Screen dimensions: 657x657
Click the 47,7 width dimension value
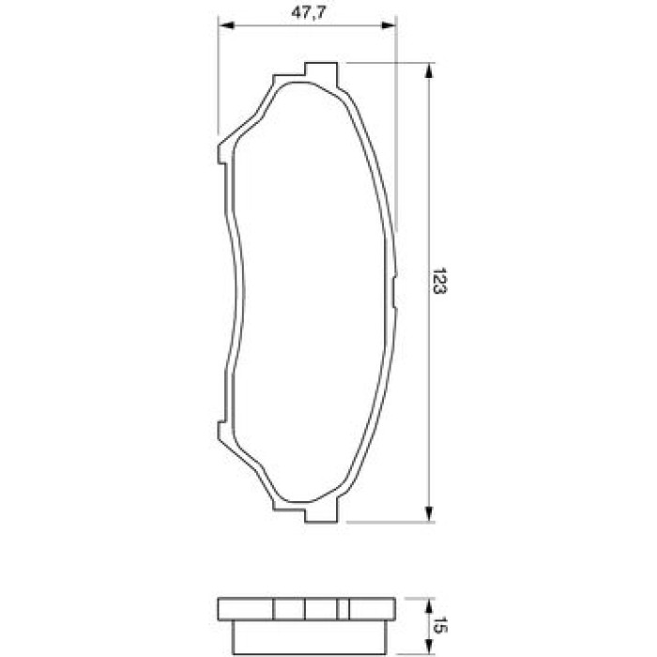pos(309,13)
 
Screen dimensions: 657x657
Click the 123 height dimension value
pos(439,281)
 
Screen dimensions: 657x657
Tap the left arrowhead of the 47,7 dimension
pos(226,25)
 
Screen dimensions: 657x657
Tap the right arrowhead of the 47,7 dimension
pos(388,25)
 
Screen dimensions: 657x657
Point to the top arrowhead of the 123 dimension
pos(428,70)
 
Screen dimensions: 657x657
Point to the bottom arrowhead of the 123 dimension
pos(428,514)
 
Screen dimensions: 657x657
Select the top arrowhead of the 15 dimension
pos(428,606)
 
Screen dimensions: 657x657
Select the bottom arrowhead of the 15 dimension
pos(428,647)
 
